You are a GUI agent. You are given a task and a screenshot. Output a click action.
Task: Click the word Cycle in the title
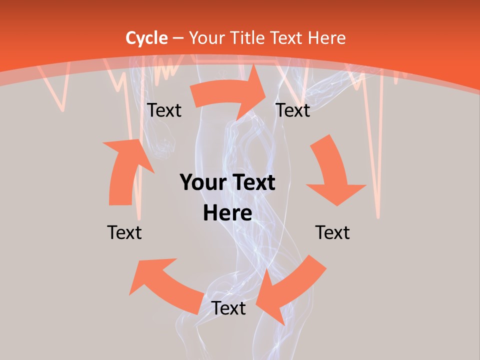tap(146, 38)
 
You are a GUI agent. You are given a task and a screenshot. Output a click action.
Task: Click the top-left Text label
tap(164, 110)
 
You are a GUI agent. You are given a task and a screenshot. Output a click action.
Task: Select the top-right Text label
tap(293, 110)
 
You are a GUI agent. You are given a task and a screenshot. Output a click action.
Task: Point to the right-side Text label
tap(332, 232)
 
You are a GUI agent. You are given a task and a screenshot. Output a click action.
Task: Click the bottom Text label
tap(228, 308)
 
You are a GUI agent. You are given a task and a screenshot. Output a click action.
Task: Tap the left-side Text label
tap(124, 232)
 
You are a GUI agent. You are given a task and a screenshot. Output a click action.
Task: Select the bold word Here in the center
tap(227, 213)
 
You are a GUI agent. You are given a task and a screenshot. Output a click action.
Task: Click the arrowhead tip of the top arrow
tap(267, 90)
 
